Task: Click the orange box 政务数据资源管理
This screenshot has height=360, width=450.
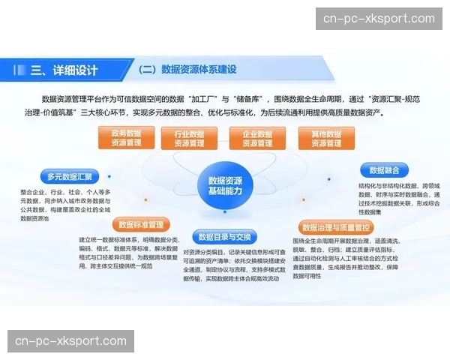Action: click(126, 138)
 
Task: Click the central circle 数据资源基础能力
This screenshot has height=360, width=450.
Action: click(225, 185)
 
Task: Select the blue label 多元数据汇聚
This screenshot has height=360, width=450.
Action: click(69, 177)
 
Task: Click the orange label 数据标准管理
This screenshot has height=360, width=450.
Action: click(141, 224)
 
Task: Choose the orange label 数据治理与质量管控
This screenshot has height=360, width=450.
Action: click(336, 226)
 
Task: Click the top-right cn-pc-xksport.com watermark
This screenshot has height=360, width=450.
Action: click(379, 19)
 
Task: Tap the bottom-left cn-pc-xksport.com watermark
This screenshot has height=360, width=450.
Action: click(71, 341)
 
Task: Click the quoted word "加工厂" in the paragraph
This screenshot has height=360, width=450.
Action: click(212, 99)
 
